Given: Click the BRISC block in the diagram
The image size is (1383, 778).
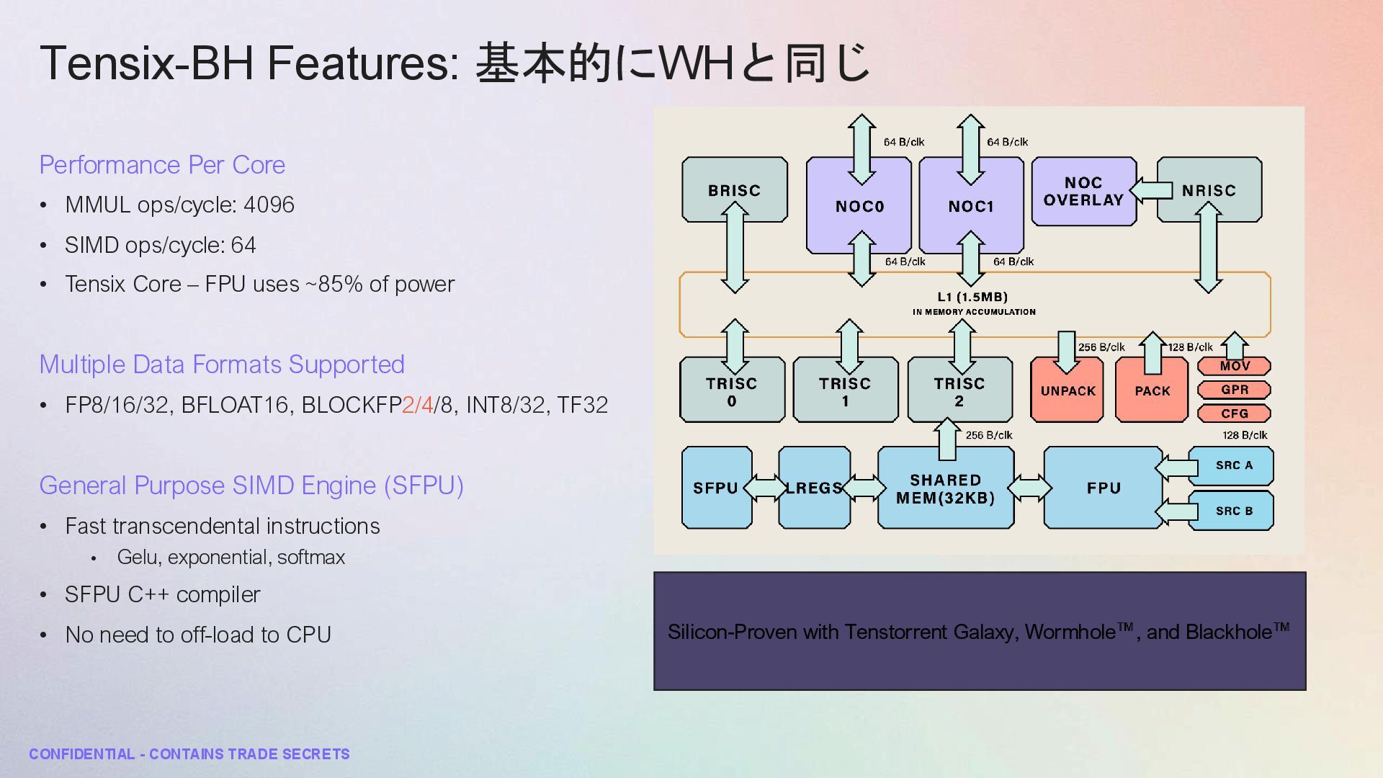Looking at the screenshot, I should click(734, 189).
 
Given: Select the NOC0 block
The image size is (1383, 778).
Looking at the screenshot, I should click(859, 207).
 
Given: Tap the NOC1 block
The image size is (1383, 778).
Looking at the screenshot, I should click(971, 207).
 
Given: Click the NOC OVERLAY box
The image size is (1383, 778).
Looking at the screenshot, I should click(1083, 192).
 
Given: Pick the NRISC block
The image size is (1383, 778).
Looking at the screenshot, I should click(1209, 190).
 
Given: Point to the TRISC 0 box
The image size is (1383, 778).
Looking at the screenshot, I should click(732, 391).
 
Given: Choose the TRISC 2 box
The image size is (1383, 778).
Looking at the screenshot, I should click(959, 391).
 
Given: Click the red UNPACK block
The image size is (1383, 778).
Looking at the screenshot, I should click(1068, 391).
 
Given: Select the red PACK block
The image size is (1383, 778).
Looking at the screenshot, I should click(1152, 391).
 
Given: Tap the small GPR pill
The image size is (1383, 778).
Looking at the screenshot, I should click(1234, 390).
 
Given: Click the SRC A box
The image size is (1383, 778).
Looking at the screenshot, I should click(1233, 465).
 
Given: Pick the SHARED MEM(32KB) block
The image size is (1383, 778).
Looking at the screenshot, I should click(945, 488).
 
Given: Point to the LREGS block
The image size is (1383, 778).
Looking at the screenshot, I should click(814, 488).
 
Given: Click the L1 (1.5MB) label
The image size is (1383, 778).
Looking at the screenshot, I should click(972, 297).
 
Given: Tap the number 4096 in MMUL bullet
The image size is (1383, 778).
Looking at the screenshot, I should click(269, 205).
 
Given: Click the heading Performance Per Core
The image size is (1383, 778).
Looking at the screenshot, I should click(162, 165).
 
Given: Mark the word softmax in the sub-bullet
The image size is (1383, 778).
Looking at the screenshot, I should click(311, 558).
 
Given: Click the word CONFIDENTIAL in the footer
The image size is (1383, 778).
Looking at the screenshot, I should click(82, 754).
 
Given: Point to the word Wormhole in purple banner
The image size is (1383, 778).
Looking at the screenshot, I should click(1070, 632).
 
